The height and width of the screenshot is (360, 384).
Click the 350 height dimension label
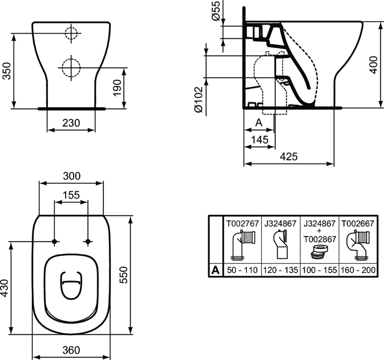coord(6,71)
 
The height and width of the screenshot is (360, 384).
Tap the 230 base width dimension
coord(71,123)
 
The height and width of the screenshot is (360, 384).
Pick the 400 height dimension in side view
coord(373,64)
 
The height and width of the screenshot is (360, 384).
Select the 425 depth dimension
coord(288,156)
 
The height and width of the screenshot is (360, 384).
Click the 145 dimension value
coord(259,140)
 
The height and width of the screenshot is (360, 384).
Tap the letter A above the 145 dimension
coord(258,123)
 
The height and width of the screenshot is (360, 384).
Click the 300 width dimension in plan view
coord(71,175)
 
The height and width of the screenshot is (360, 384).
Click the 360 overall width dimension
coord(71,350)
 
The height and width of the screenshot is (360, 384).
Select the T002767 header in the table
coord(242,223)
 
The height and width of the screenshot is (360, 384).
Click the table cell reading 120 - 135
coord(281,270)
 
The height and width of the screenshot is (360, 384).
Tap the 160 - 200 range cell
coord(357,270)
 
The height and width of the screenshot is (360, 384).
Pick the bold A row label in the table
coord(216,270)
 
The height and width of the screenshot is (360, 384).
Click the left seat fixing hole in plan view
coord(55,242)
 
